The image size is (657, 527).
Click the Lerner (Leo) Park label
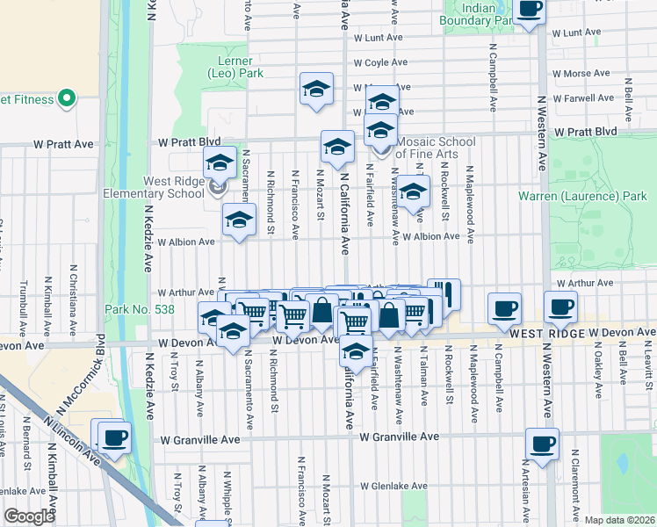pos(235,68)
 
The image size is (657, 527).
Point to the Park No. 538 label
pos(140,310)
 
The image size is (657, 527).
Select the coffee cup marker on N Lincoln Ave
pos(113,437)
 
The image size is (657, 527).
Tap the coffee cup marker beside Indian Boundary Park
pos(529,11)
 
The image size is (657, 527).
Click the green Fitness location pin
pos(66,98)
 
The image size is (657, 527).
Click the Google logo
pos(30,516)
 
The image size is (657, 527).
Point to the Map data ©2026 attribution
pos(618,520)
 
